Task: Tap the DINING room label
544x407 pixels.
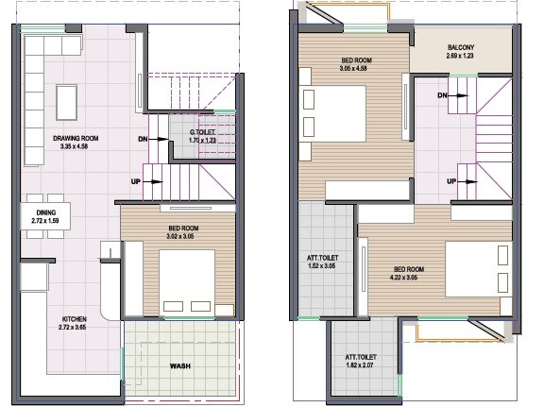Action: [46, 212]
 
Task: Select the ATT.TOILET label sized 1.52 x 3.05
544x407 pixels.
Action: [323, 257]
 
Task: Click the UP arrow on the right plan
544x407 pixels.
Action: [460, 180]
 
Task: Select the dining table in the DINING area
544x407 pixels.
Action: [45, 217]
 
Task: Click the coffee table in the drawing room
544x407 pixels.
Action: [66, 97]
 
